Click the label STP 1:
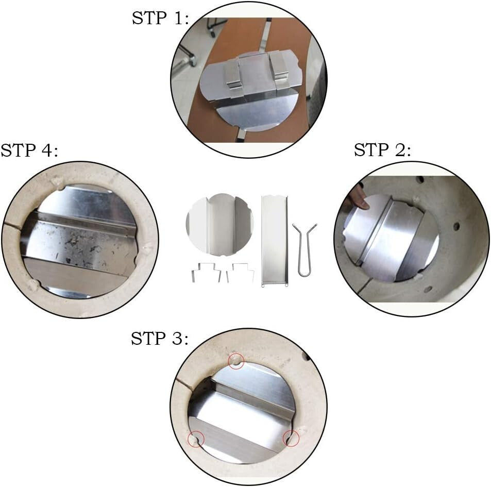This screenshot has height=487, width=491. tap(160, 18)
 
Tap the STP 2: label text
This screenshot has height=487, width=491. tap(382, 150)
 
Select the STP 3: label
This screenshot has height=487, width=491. tap(160, 339)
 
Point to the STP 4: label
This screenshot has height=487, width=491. tap(29, 150)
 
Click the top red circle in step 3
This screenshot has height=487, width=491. tap(236, 362)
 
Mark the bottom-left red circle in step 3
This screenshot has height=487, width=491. tap(196, 439)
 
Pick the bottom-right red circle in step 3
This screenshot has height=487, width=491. tap(291, 439)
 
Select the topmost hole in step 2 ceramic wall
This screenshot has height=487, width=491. tap(420, 180)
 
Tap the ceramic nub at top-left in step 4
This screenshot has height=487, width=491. tap(58, 182)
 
